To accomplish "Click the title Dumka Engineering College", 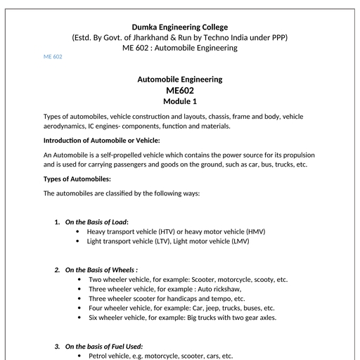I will (179, 27).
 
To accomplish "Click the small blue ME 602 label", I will (53, 57).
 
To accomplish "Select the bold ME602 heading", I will (180, 90).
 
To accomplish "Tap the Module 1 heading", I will (180, 101).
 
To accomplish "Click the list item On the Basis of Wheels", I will (101, 269).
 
